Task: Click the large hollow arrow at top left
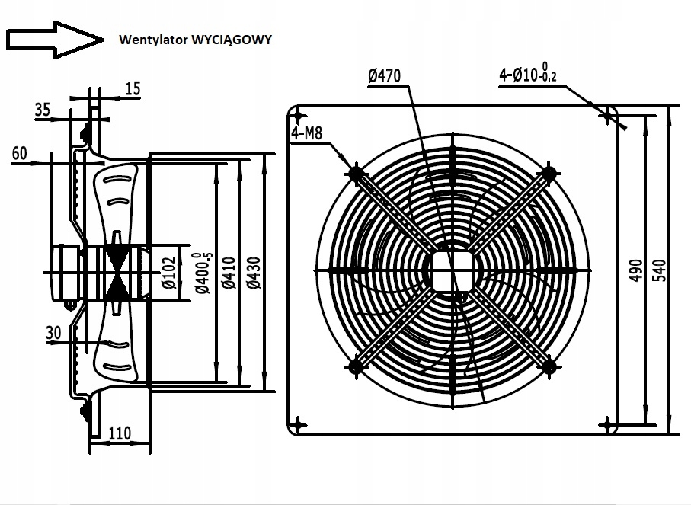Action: click(x=55, y=40)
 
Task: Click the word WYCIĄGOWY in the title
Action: click(x=232, y=40)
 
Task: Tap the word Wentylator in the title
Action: click(x=153, y=40)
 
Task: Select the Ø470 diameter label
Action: click(x=384, y=76)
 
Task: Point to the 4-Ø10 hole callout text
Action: click(x=528, y=73)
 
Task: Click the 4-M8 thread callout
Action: click(x=307, y=133)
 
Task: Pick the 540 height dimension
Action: click(x=659, y=270)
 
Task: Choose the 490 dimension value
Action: click(x=635, y=270)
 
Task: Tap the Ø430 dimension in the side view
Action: click(x=254, y=273)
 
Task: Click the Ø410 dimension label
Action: click(x=229, y=273)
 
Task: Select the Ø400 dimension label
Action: click(x=203, y=273)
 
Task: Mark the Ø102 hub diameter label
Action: click(x=169, y=273)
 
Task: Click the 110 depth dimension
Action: click(x=120, y=433)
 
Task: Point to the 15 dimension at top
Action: click(x=133, y=88)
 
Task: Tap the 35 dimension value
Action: click(x=43, y=110)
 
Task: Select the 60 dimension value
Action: click(x=19, y=153)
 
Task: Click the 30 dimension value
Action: click(x=53, y=333)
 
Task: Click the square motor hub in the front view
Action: click(x=453, y=271)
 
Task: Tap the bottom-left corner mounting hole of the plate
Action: click(x=299, y=425)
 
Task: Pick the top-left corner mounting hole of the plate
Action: click(x=299, y=117)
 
